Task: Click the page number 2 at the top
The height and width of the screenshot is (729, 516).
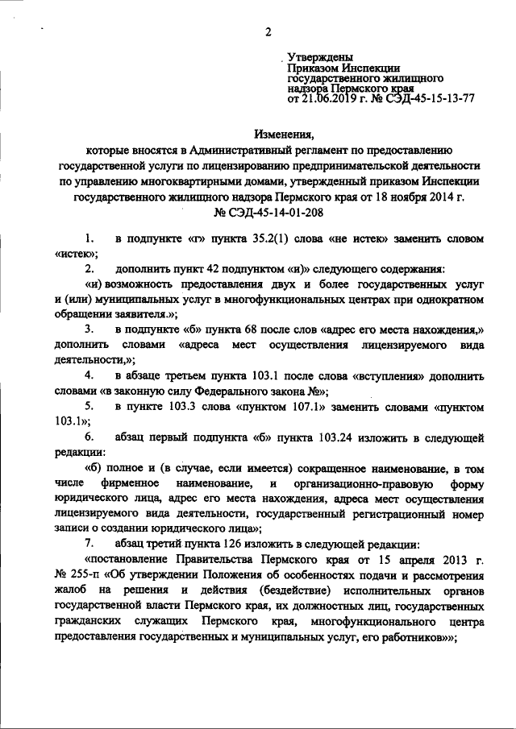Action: pyautogui.click(x=265, y=31)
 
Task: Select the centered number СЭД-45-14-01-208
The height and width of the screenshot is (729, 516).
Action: pyautogui.click(x=268, y=213)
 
